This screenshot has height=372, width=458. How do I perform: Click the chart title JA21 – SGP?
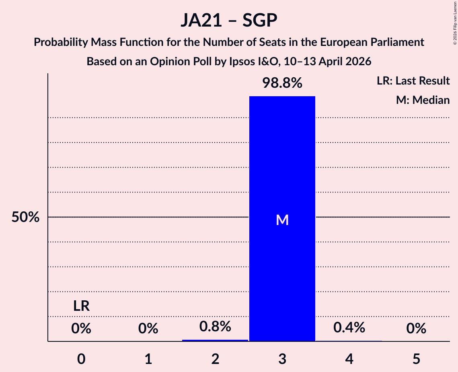229,20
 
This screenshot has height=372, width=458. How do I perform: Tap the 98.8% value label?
282,83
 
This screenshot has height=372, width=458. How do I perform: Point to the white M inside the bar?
282,220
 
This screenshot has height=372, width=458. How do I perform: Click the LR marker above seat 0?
81,306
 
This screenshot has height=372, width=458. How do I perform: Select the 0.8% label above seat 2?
215,327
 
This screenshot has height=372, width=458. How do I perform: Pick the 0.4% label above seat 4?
349,328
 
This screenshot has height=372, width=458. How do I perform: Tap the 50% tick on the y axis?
25,217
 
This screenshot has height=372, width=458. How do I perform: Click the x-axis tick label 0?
81,359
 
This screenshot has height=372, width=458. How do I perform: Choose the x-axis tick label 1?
148,359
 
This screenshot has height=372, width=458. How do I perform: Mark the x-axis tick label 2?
215,359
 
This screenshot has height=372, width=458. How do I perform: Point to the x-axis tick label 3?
282,359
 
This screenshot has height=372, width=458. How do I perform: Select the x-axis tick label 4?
349,359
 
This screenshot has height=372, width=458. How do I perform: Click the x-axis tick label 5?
416,359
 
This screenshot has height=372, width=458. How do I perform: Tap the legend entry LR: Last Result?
413,81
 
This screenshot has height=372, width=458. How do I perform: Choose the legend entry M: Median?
423,100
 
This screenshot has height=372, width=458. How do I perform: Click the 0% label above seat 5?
416,329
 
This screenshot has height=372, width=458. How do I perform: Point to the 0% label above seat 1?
148,329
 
